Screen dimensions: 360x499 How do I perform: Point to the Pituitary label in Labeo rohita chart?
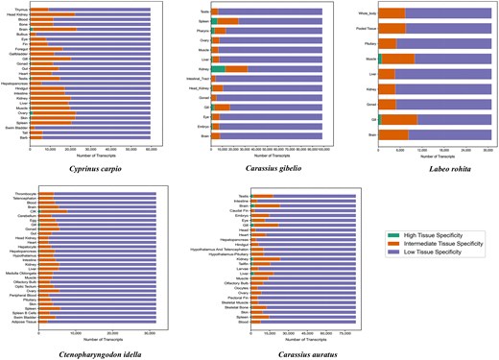tap(368, 43)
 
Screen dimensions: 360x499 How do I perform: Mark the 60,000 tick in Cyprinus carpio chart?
tap(149, 149)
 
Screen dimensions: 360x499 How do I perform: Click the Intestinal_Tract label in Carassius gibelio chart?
tap(197, 79)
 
